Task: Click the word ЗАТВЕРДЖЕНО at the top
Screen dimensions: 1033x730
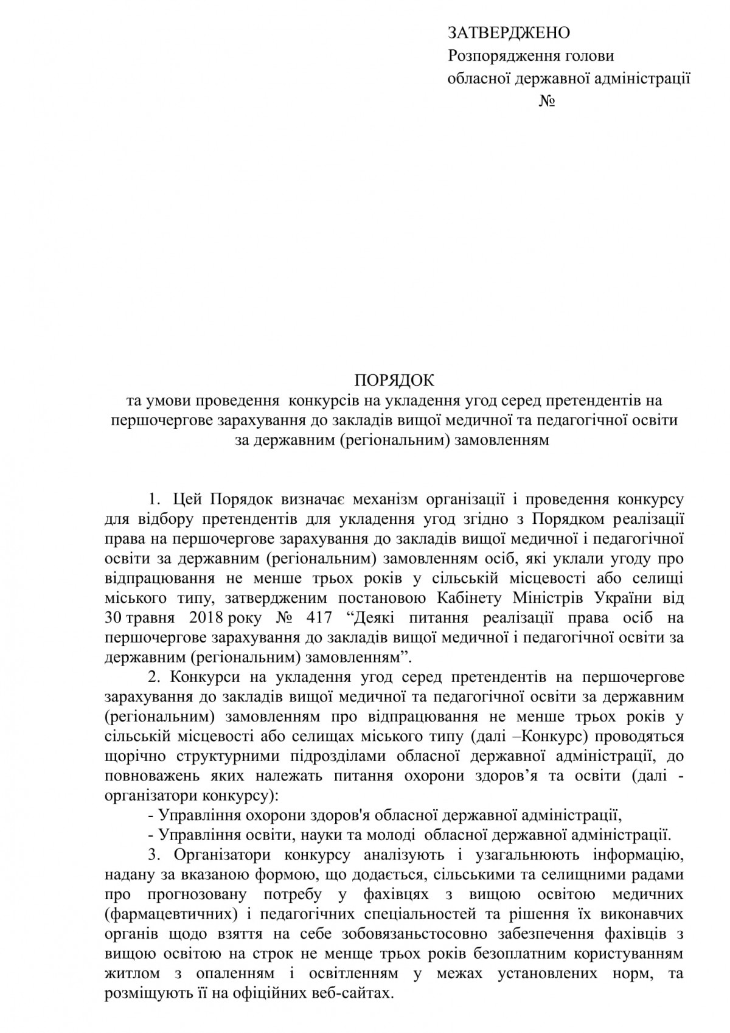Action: point(509,33)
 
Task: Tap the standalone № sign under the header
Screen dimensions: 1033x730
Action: point(546,101)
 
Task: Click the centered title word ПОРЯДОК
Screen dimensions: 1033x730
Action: point(395,381)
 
